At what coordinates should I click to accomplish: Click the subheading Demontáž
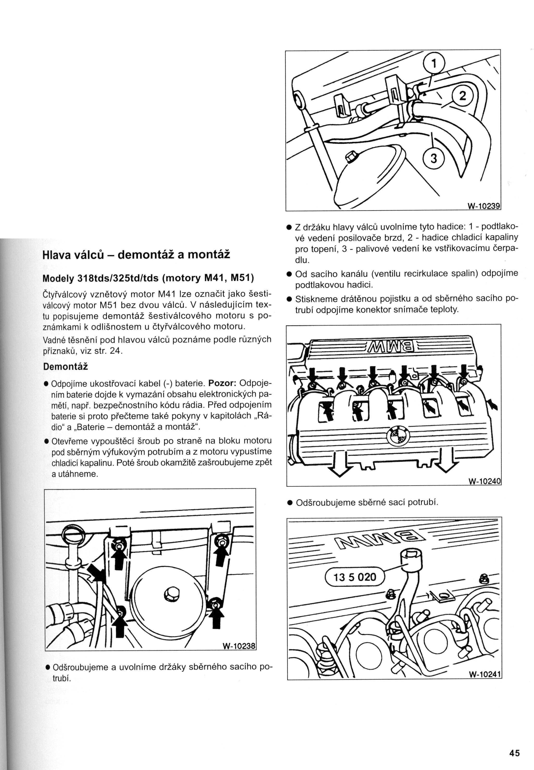click(66, 366)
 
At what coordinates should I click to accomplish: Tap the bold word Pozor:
click(223, 383)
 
